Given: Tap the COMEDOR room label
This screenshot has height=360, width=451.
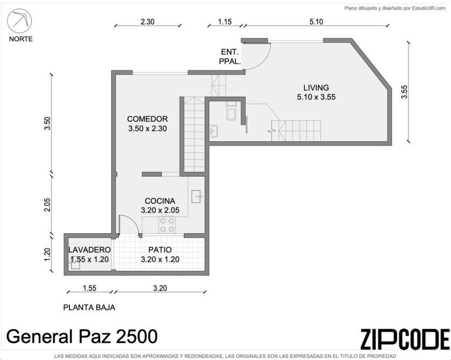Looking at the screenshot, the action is [147, 119].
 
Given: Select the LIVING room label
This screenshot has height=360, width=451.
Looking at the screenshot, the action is [316, 88].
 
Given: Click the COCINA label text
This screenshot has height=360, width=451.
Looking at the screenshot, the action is [160, 201].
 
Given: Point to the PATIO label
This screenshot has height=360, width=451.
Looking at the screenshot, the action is [160, 250].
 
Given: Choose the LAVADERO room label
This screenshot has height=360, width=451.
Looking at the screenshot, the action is [89, 250].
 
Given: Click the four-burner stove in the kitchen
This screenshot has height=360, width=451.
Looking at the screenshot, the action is [167, 225].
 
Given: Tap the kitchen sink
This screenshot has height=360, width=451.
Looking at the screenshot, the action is [196, 197].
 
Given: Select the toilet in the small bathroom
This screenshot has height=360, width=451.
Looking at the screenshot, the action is [231, 111].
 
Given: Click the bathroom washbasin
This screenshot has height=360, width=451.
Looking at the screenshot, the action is [213, 131].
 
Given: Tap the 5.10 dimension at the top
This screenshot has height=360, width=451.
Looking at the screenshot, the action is [316, 21].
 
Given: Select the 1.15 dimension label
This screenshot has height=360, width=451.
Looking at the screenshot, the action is [225, 21].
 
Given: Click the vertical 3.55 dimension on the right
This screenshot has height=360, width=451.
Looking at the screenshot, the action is [404, 92].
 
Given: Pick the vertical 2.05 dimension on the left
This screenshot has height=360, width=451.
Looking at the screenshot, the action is [47, 205].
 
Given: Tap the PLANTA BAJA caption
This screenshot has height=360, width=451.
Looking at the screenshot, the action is [89, 307].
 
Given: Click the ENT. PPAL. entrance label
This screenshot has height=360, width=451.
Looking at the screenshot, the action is [230, 56].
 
